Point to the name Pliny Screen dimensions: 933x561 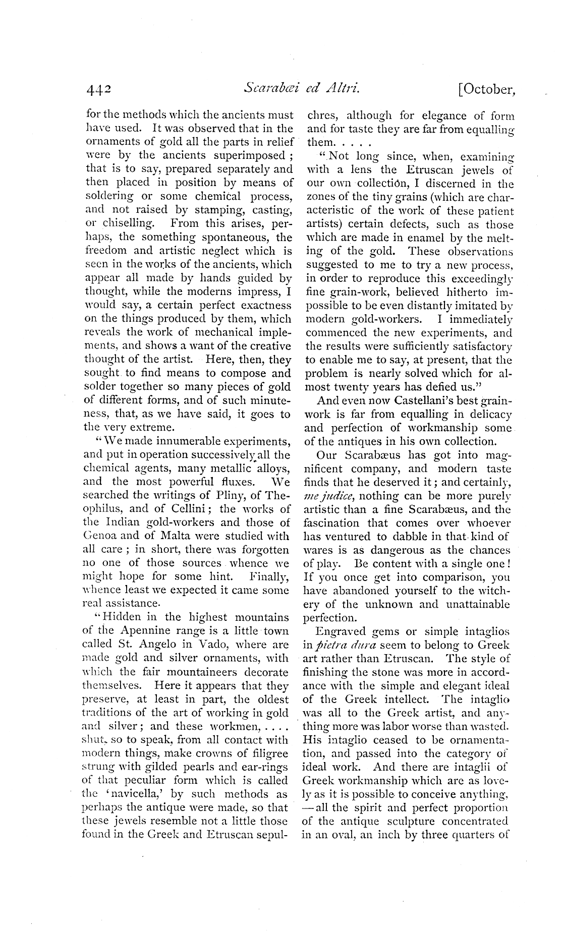point(223,496)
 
